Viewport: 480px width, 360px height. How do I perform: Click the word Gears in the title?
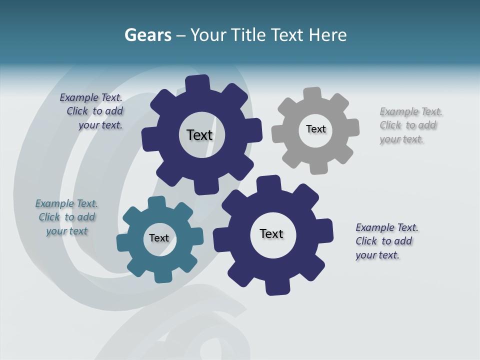(147, 35)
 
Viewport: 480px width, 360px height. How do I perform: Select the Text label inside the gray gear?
(315, 129)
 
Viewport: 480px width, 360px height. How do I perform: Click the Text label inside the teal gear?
(159, 238)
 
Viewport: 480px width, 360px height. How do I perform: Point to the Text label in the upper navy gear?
(199, 135)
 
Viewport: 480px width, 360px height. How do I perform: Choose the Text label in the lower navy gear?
(271, 233)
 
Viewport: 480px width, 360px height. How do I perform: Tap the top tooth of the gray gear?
(312, 94)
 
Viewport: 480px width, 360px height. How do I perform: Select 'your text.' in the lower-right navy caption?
(377, 255)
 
